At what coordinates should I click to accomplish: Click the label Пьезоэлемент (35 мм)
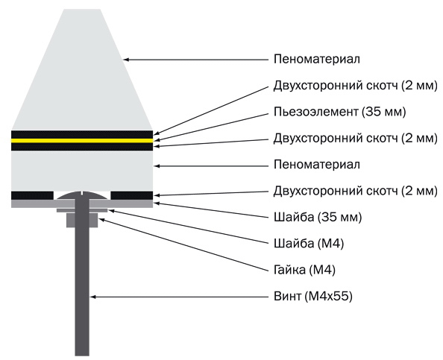(x=339, y=112)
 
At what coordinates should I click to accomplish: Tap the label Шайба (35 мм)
(x=318, y=218)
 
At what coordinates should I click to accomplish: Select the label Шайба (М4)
(x=309, y=244)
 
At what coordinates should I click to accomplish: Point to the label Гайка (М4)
(x=304, y=271)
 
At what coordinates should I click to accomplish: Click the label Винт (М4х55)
(x=313, y=297)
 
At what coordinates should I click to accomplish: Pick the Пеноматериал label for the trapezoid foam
(x=317, y=60)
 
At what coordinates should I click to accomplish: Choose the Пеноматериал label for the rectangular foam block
(x=317, y=165)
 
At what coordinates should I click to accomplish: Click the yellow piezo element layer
(x=82, y=140)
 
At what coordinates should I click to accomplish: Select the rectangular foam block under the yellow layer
(x=82, y=170)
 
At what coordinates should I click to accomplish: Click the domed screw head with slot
(x=82, y=196)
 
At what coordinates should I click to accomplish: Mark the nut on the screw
(x=82, y=220)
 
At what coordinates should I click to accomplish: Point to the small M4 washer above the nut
(x=82, y=210)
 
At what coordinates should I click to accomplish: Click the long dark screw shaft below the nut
(x=82, y=291)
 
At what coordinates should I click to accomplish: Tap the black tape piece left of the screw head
(x=32, y=195)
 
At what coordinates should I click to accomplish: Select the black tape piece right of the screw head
(x=132, y=195)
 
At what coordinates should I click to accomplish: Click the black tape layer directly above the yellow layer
(x=82, y=134)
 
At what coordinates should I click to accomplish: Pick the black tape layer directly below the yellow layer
(x=82, y=147)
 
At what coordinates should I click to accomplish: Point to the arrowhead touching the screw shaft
(x=93, y=297)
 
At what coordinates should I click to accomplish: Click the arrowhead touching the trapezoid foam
(x=127, y=60)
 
